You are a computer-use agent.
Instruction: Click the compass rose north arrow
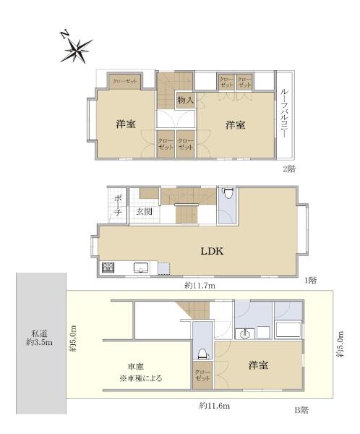pos(76,49)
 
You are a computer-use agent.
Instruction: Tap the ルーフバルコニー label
pos(284,114)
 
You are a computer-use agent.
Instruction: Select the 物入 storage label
pos(185,100)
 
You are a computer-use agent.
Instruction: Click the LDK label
pos(212,251)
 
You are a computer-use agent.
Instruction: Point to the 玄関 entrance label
pos(144,212)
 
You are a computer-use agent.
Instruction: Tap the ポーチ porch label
pos(118,205)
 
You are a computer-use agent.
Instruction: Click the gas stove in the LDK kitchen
pos(108,268)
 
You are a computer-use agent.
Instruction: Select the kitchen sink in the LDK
pos(141,268)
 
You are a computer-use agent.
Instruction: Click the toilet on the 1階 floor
pos(228,193)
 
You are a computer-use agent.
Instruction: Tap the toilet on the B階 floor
pos(202,354)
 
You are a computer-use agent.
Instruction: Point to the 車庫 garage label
pos(136,367)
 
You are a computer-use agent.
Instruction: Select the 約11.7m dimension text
pos(200,286)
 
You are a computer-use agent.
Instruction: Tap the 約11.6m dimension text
pos(215,406)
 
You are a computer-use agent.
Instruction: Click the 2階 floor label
pos(289,169)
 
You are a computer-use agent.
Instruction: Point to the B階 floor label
pos(301,410)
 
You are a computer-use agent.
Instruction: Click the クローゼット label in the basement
pos(202,375)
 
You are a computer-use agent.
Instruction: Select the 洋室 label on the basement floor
pos(258,365)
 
